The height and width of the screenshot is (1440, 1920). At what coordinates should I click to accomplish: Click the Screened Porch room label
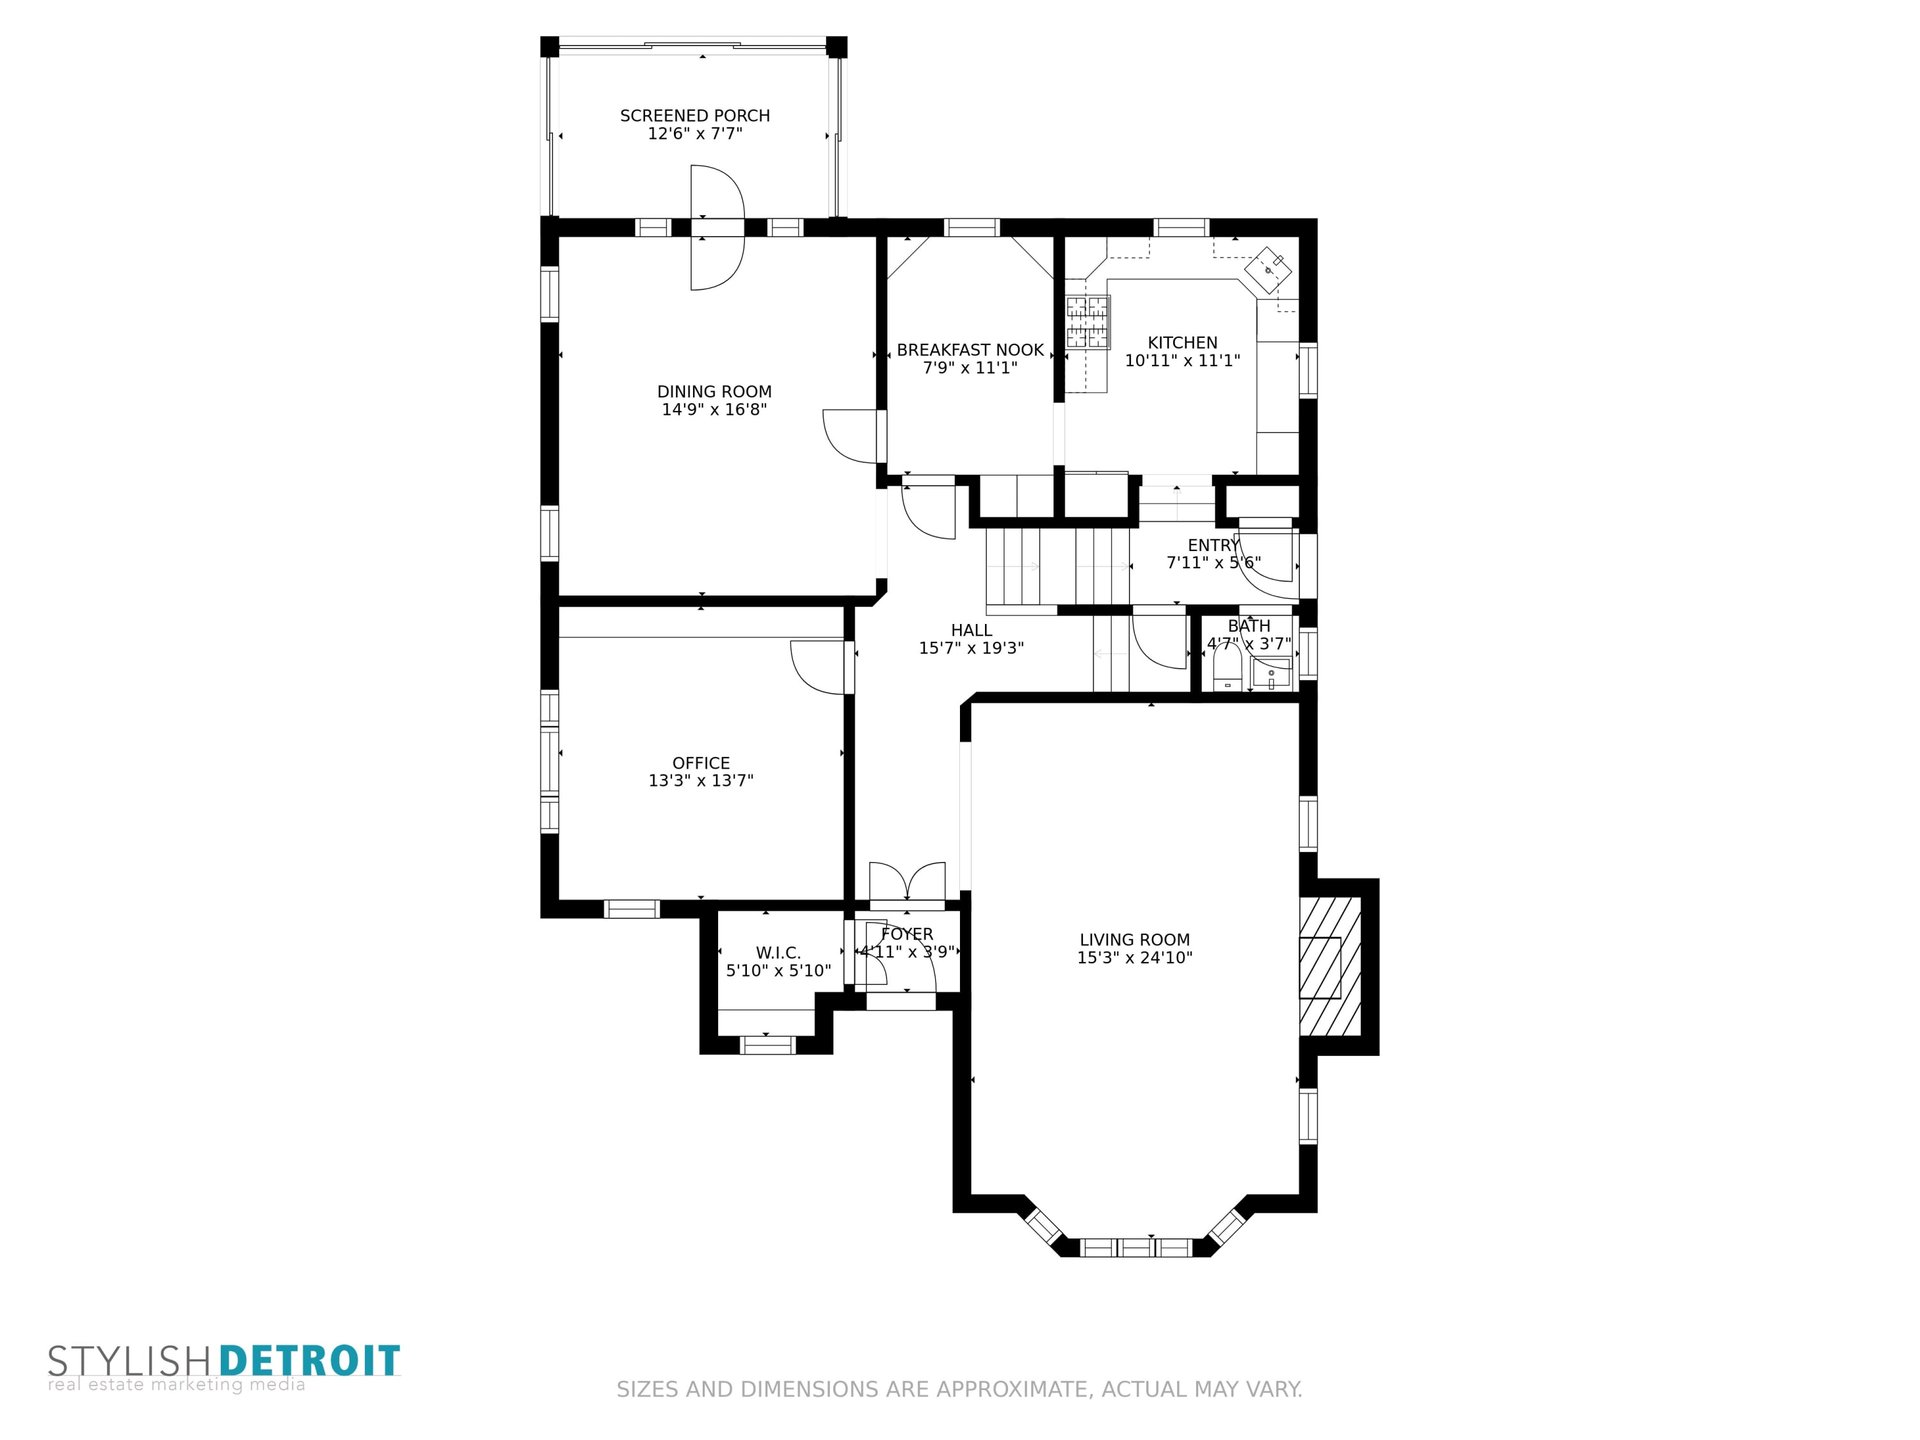695,116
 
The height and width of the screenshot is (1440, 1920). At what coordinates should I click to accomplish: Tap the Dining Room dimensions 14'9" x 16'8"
714,410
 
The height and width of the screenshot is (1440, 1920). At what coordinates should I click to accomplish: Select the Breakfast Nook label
970,350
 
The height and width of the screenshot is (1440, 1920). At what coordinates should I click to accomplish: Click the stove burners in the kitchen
1087,322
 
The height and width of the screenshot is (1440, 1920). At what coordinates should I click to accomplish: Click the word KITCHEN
1182,343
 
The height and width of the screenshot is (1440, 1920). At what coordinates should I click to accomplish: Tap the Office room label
701,764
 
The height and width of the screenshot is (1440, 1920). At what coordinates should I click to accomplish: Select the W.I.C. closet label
778,953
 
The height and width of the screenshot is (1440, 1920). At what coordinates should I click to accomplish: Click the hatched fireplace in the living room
1330,967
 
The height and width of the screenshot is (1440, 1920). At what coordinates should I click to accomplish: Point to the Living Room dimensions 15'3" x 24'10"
1135,958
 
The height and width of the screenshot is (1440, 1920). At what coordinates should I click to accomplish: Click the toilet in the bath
1226,667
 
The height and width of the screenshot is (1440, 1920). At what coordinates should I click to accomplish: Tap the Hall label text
971,631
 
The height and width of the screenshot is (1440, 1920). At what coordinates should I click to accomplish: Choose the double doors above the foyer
907,881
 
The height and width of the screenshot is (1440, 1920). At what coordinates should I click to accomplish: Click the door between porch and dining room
718,228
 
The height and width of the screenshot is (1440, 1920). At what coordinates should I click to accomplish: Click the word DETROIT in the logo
309,1361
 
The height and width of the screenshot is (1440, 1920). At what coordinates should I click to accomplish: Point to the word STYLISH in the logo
130,1362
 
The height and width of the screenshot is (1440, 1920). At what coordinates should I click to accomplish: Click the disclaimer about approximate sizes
959,1389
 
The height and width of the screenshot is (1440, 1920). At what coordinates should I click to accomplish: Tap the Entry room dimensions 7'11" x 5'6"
1214,563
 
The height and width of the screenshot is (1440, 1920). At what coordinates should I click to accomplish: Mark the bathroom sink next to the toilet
1271,674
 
